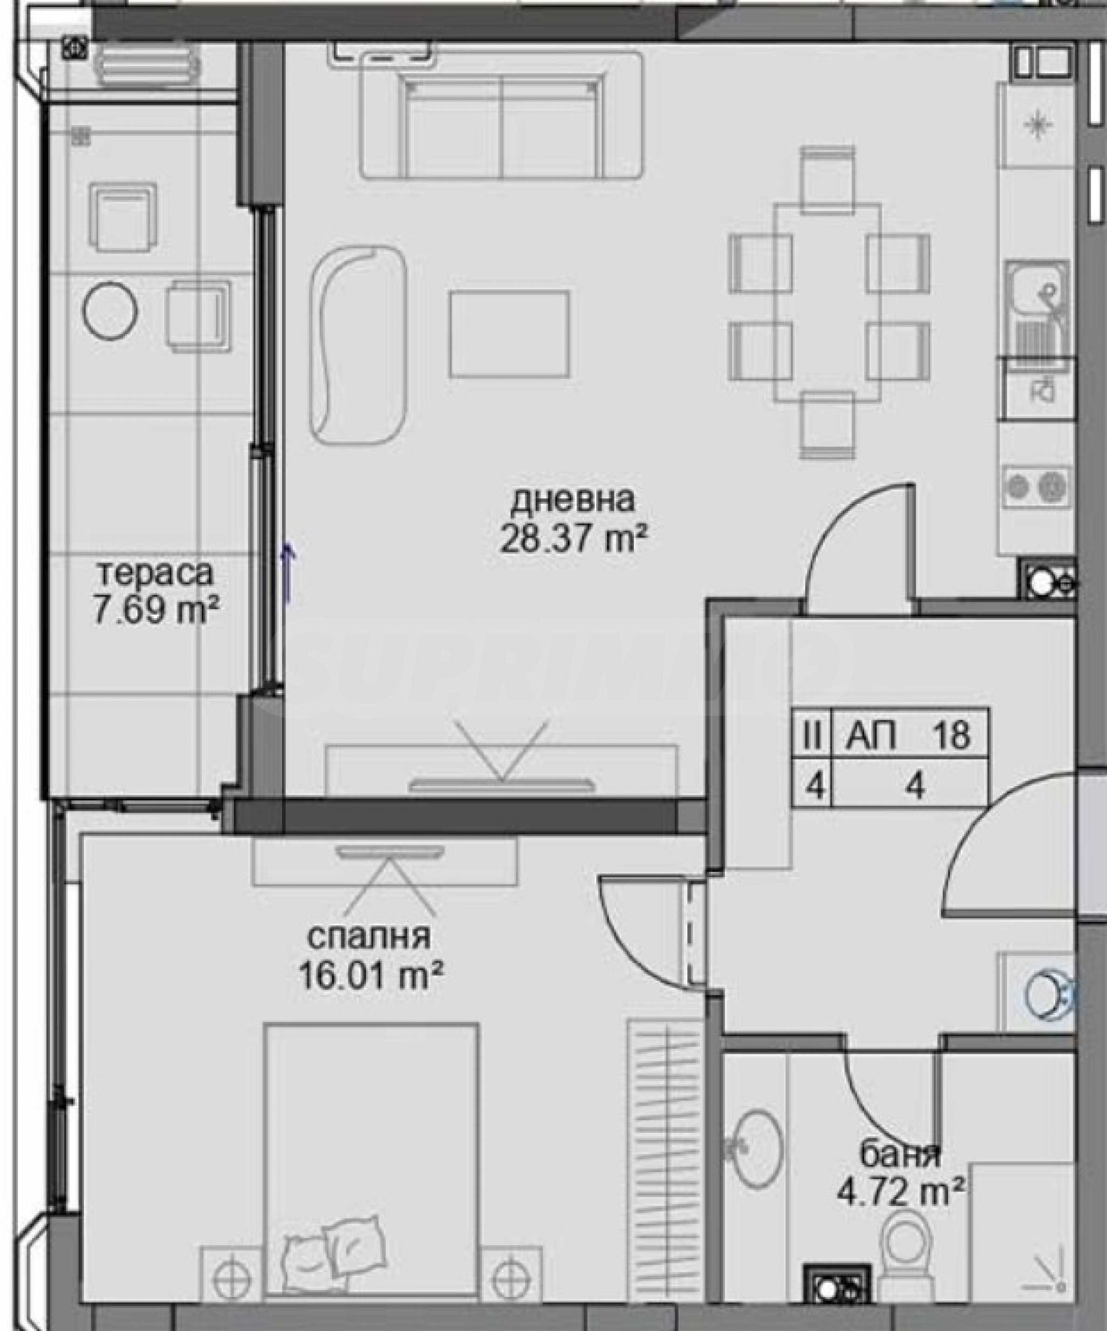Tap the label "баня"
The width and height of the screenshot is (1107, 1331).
(x=900, y=1156)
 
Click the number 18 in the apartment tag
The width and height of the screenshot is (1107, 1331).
(x=950, y=736)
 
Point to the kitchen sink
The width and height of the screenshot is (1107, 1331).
(x=1038, y=309)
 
